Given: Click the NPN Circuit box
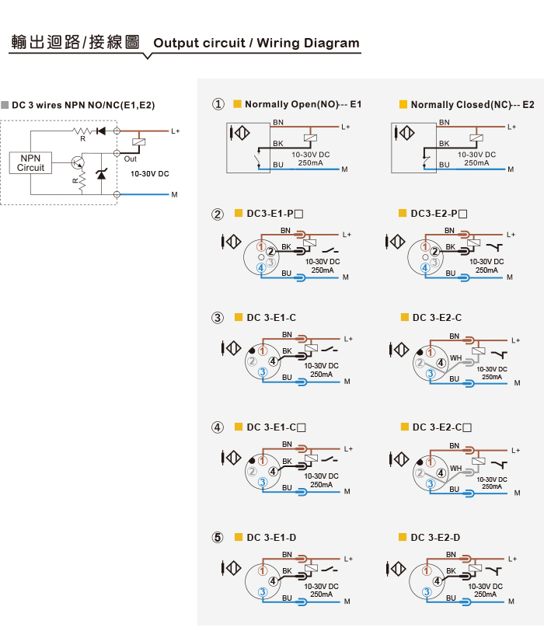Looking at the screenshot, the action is click(30, 163).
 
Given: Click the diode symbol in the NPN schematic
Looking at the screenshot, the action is click(100, 131).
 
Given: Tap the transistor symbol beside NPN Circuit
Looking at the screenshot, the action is click(77, 162).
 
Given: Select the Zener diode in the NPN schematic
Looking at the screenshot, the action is click(101, 174).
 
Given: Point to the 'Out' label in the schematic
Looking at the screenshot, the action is click(130, 159).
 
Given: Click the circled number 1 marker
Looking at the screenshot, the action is click(218, 104).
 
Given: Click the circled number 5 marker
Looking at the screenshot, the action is click(218, 537).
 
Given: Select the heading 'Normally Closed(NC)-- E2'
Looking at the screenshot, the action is click(473, 105).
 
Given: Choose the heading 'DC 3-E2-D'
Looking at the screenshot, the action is click(435, 537).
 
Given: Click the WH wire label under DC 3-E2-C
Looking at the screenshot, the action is click(456, 357).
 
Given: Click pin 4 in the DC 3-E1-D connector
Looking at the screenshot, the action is click(274, 580).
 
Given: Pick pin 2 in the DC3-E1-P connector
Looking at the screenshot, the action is click(270, 252).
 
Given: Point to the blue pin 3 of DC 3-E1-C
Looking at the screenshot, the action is click(263, 371).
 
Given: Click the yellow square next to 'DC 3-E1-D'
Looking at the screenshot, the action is click(239, 537).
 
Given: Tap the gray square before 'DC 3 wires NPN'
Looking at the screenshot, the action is click(5, 105).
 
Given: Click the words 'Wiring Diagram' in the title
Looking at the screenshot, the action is click(308, 43).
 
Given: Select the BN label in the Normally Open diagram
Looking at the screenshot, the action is click(278, 122).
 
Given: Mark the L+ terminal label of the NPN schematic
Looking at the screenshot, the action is click(176, 131).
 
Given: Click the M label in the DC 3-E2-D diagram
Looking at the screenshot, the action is click(511, 601).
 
